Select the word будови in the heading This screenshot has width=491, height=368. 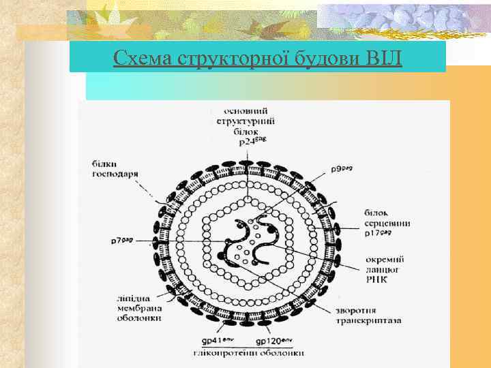[x=325, y=58]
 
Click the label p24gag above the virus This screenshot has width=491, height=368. [x=252, y=142]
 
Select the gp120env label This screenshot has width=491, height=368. [x=272, y=340]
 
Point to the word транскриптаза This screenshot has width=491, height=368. [x=369, y=319]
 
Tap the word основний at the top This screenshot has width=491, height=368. [x=246, y=111]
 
